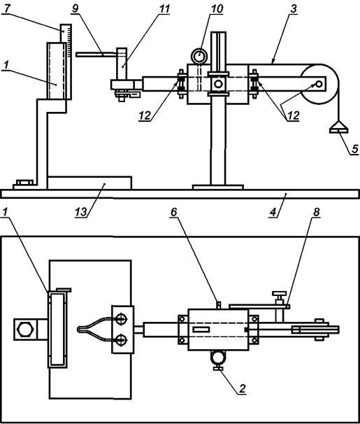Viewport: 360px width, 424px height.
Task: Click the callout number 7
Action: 7,8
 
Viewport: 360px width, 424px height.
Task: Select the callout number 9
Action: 75,8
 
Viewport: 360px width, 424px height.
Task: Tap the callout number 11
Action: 164,8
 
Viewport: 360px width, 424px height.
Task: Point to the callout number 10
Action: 217,8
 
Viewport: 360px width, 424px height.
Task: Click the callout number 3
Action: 294,8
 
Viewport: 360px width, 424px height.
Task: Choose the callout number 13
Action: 81,212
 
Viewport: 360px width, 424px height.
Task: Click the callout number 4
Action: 273,212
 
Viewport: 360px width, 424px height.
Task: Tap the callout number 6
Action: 173,212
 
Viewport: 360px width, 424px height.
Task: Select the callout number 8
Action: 317,212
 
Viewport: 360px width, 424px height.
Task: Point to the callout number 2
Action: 243,388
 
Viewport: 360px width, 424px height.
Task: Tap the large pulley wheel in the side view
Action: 319,84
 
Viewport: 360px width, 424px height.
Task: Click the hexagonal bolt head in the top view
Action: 25,329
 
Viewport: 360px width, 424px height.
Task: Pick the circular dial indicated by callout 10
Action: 199,56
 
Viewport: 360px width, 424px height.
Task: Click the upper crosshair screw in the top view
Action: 121,319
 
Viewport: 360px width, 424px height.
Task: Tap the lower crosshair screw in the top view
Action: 121,339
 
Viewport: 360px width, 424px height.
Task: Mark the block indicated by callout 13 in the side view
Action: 89,183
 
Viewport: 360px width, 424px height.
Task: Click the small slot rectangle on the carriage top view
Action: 201,330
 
